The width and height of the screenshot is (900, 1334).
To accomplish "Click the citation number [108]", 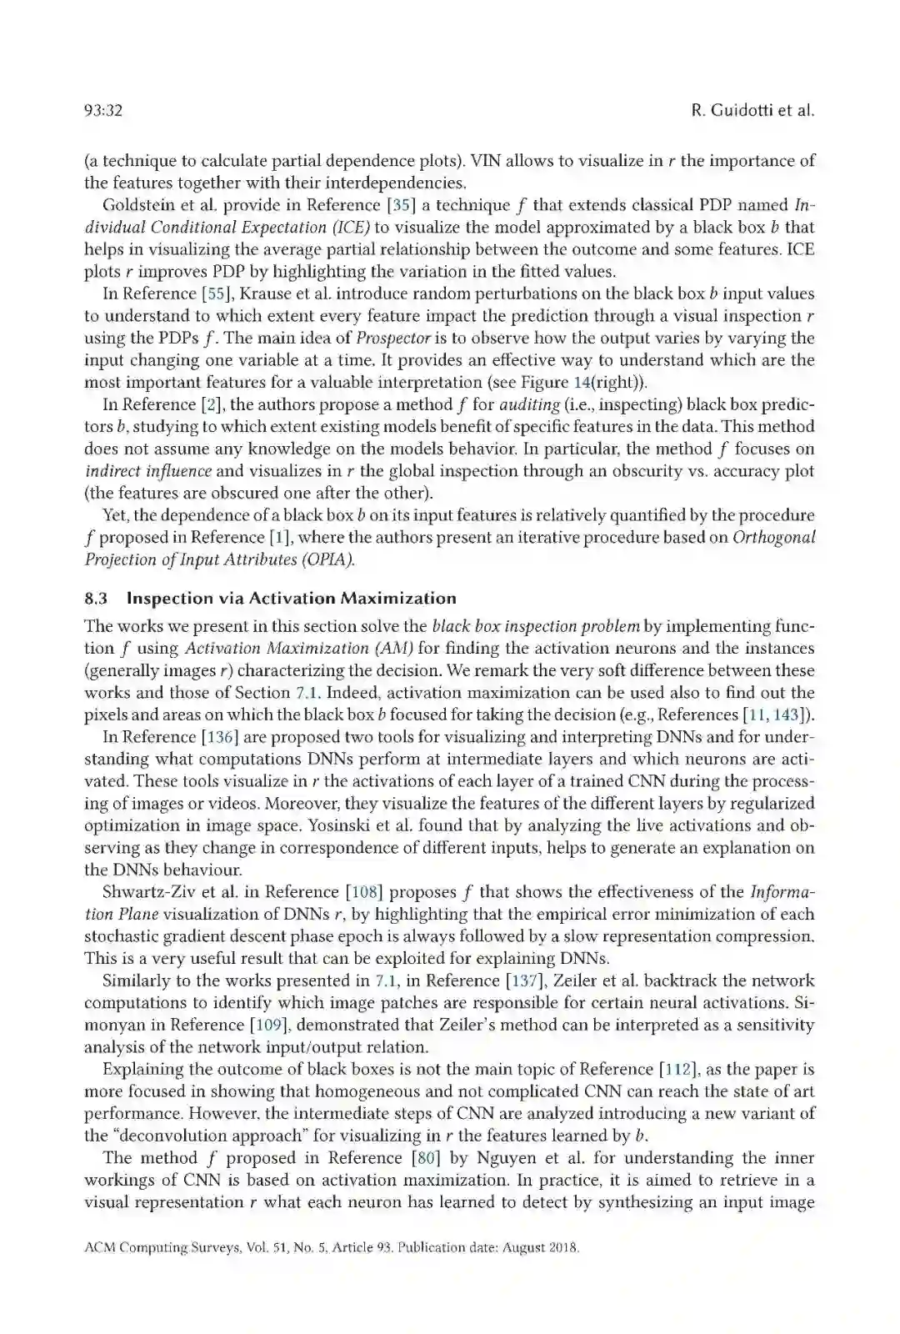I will pos(364,892).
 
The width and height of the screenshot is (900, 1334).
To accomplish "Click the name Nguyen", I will pos(507,1157).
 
